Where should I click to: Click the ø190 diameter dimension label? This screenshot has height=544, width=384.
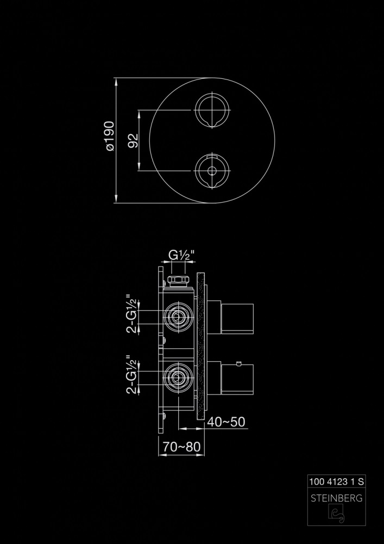[109, 136]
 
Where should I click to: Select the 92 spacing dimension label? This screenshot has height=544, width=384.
[133, 140]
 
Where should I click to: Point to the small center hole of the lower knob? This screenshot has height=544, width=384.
[212, 171]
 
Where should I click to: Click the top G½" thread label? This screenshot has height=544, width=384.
[181, 255]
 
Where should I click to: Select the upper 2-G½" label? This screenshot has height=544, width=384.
[132, 314]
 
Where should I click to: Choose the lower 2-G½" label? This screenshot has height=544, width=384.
[132, 374]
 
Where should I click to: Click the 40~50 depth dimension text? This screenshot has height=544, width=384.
[226, 422]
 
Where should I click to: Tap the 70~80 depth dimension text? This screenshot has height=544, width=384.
[181, 447]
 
